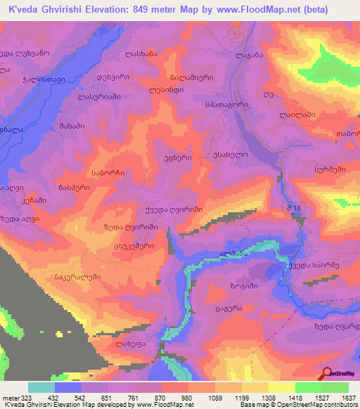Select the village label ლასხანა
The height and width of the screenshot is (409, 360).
pos(141,54)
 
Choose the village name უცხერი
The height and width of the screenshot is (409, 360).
pos(176,159)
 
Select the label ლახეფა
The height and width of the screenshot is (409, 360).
pos(131,344)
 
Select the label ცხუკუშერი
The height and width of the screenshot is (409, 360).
pos(135,247)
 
